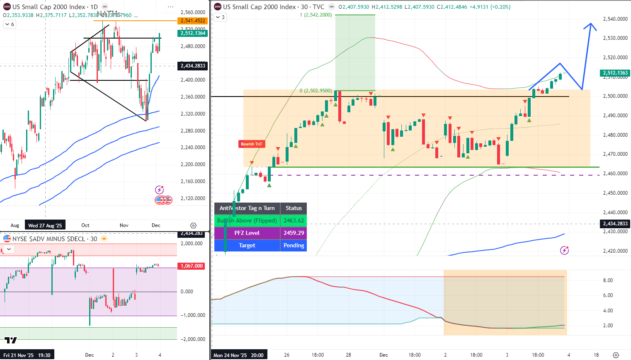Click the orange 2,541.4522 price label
(x=193, y=21)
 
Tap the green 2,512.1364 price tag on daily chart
(x=193, y=33)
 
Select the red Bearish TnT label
(x=251, y=144)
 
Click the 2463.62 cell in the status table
(x=294, y=220)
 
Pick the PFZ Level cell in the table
(x=247, y=233)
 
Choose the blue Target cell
(x=247, y=245)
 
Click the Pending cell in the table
(x=294, y=245)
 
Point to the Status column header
(x=294, y=208)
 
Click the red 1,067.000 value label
(x=192, y=266)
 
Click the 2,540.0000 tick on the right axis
(x=615, y=19)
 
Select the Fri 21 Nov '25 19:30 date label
(x=27, y=355)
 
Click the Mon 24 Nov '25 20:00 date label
(x=238, y=355)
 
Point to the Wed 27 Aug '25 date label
(x=45, y=225)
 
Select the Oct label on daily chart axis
(x=85, y=225)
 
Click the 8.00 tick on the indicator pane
(x=608, y=280)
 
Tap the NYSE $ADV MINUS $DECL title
(x=55, y=239)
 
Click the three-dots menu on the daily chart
(x=170, y=7)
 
